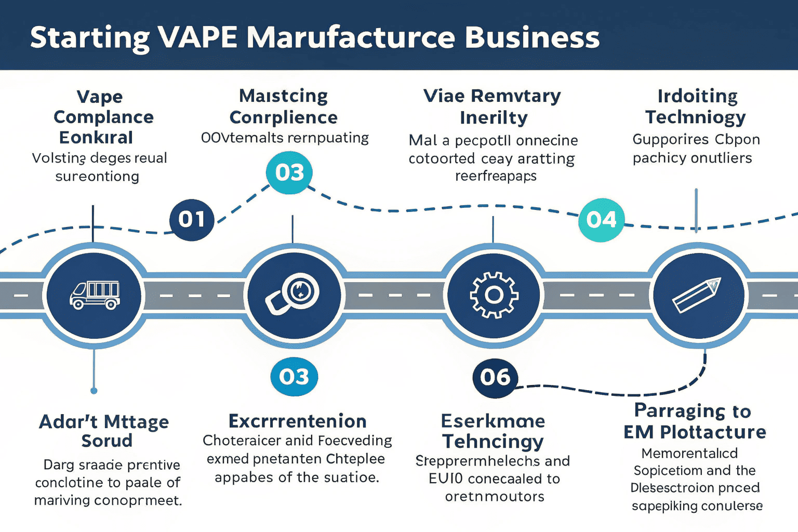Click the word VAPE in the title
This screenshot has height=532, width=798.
pyautogui.click(x=197, y=37)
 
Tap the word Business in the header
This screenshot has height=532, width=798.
pyautogui.click(x=532, y=37)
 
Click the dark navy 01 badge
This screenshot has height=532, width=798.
pyautogui.click(x=192, y=220)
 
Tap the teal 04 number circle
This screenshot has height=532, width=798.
pyautogui.click(x=601, y=220)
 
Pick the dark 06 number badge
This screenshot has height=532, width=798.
pyautogui.click(x=495, y=378)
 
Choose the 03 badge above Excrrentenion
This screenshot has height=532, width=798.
pyautogui.click(x=294, y=377)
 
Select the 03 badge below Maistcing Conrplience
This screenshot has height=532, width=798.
pyautogui.click(x=289, y=172)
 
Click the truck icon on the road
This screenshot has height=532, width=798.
pyautogui.click(x=95, y=295)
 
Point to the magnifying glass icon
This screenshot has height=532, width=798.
pyautogui.click(x=294, y=295)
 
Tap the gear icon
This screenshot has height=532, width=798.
pyautogui.click(x=494, y=295)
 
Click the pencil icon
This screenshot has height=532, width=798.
pyautogui.click(x=697, y=295)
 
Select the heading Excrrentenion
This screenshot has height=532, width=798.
pyautogui.click(x=297, y=421)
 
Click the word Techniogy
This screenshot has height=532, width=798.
pyautogui.click(x=695, y=117)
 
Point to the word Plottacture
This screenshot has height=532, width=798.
pyautogui.click(x=713, y=432)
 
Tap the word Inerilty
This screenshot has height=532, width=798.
pyautogui.click(x=494, y=118)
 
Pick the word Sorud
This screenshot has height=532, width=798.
pyautogui.click(x=107, y=441)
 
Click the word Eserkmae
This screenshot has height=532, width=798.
pyautogui.click(x=493, y=421)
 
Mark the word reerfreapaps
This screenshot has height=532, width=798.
pyautogui.click(x=496, y=176)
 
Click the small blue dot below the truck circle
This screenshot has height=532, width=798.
pyautogui.click(x=94, y=391)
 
